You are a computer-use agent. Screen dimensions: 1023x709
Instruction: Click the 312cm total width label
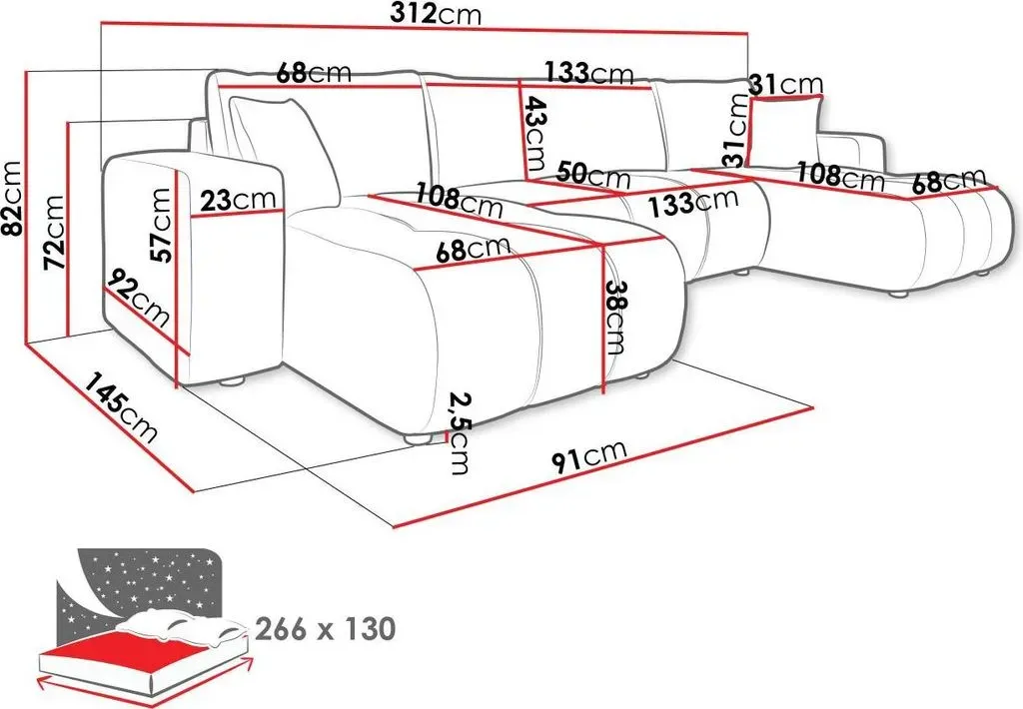tap(437, 14)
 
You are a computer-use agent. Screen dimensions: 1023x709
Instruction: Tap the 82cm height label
tap(14, 200)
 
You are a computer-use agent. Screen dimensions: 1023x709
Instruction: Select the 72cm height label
tap(53, 232)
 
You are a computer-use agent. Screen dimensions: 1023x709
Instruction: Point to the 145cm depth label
tap(121, 407)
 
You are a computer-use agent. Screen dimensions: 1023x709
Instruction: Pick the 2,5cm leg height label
tap(460, 433)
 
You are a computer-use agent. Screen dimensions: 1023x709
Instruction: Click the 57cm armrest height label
tap(161, 225)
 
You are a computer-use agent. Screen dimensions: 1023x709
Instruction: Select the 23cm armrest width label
tap(238, 200)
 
